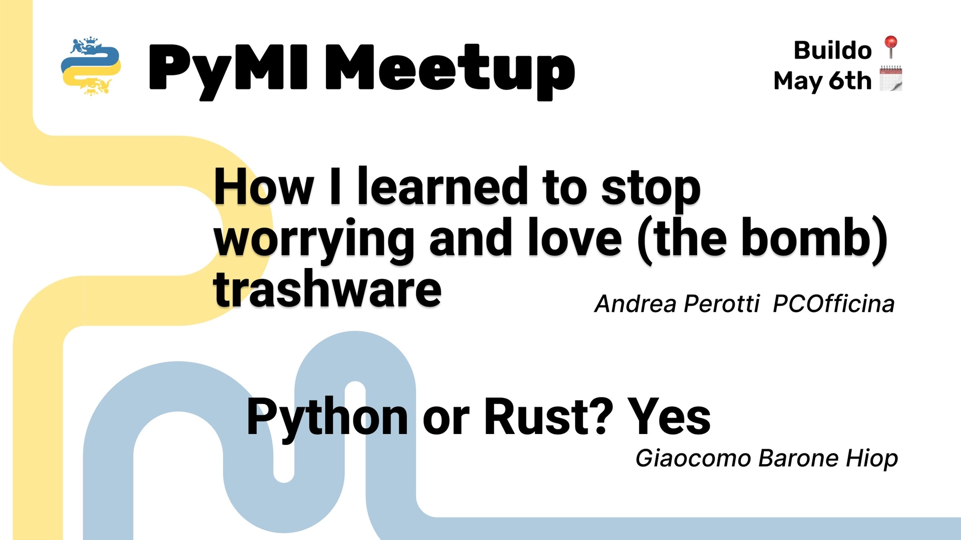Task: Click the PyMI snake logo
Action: coord(91,66)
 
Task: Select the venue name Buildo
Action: coord(832,50)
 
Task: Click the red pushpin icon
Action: coord(890,47)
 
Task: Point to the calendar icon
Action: coord(890,78)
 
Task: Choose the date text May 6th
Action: coord(822,81)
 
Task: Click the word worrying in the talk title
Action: coord(314,240)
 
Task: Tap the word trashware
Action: coord(327,290)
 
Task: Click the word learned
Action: coord(442,187)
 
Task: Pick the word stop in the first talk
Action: coord(650,189)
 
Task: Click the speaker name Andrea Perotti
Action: coord(677,304)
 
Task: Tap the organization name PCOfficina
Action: coord(833,304)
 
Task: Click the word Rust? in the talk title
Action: coord(548,417)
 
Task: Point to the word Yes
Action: coord(669,417)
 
